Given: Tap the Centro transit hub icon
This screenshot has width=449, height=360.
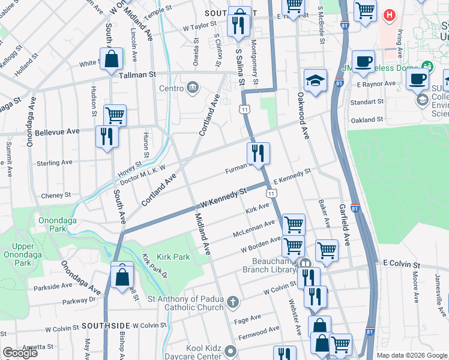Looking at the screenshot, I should pyautogui.click(x=193, y=89).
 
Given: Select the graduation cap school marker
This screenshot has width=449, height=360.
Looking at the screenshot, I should pyautogui.click(x=315, y=82).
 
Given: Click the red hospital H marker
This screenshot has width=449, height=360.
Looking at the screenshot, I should pyautogui.click(x=390, y=14).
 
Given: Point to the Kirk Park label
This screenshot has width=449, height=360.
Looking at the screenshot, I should pyautogui.click(x=173, y=257).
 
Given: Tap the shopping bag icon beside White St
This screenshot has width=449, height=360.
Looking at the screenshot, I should pyautogui.click(x=111, y=59).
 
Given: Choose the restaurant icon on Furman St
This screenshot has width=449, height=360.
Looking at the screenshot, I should pyautogui.click(x=258, y=154).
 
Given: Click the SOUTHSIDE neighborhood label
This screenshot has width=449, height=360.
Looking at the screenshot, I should pyautogui.click(x=106, y=325).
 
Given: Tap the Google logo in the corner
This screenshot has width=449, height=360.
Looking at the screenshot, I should pyautogui.click(x=20, y=353).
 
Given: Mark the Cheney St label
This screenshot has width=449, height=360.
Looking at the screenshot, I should pyautogui.click(x=56, y=196).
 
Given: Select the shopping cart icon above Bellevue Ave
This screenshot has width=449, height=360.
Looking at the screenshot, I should pyautogui.click(x=115, y=115).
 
